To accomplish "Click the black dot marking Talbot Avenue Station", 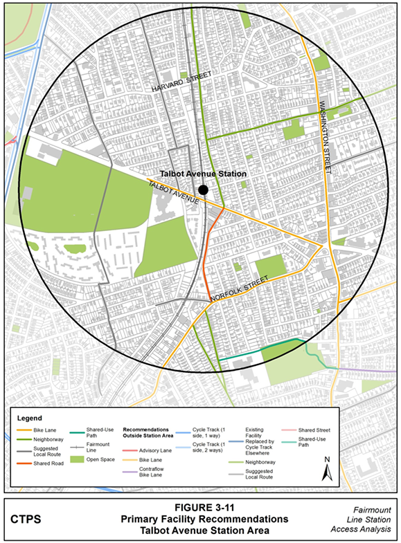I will [202, 190].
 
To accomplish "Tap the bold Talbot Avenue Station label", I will [202, 174].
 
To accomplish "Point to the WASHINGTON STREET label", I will [323, 132].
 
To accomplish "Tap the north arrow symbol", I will [330, 470].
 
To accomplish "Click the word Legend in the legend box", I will [30, 418].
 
